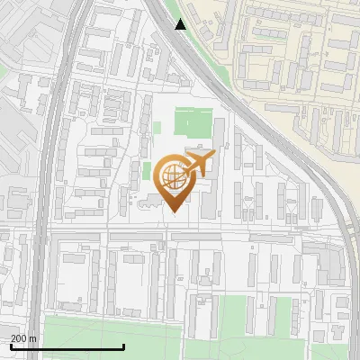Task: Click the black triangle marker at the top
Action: click(x=181, y=24)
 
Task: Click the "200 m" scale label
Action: click(x=23, y=338)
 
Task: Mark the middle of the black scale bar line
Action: click(x=67, y=347)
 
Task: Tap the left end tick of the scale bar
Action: click(x=11, y=346)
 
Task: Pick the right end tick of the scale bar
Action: click(x=123, y=346)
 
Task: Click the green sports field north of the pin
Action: click(x=193, y=121)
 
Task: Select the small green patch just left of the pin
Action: click(x=147, y=171)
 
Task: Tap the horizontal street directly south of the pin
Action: click(x=180, y=235)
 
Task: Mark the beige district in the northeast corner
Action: click(x=297, y=54)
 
